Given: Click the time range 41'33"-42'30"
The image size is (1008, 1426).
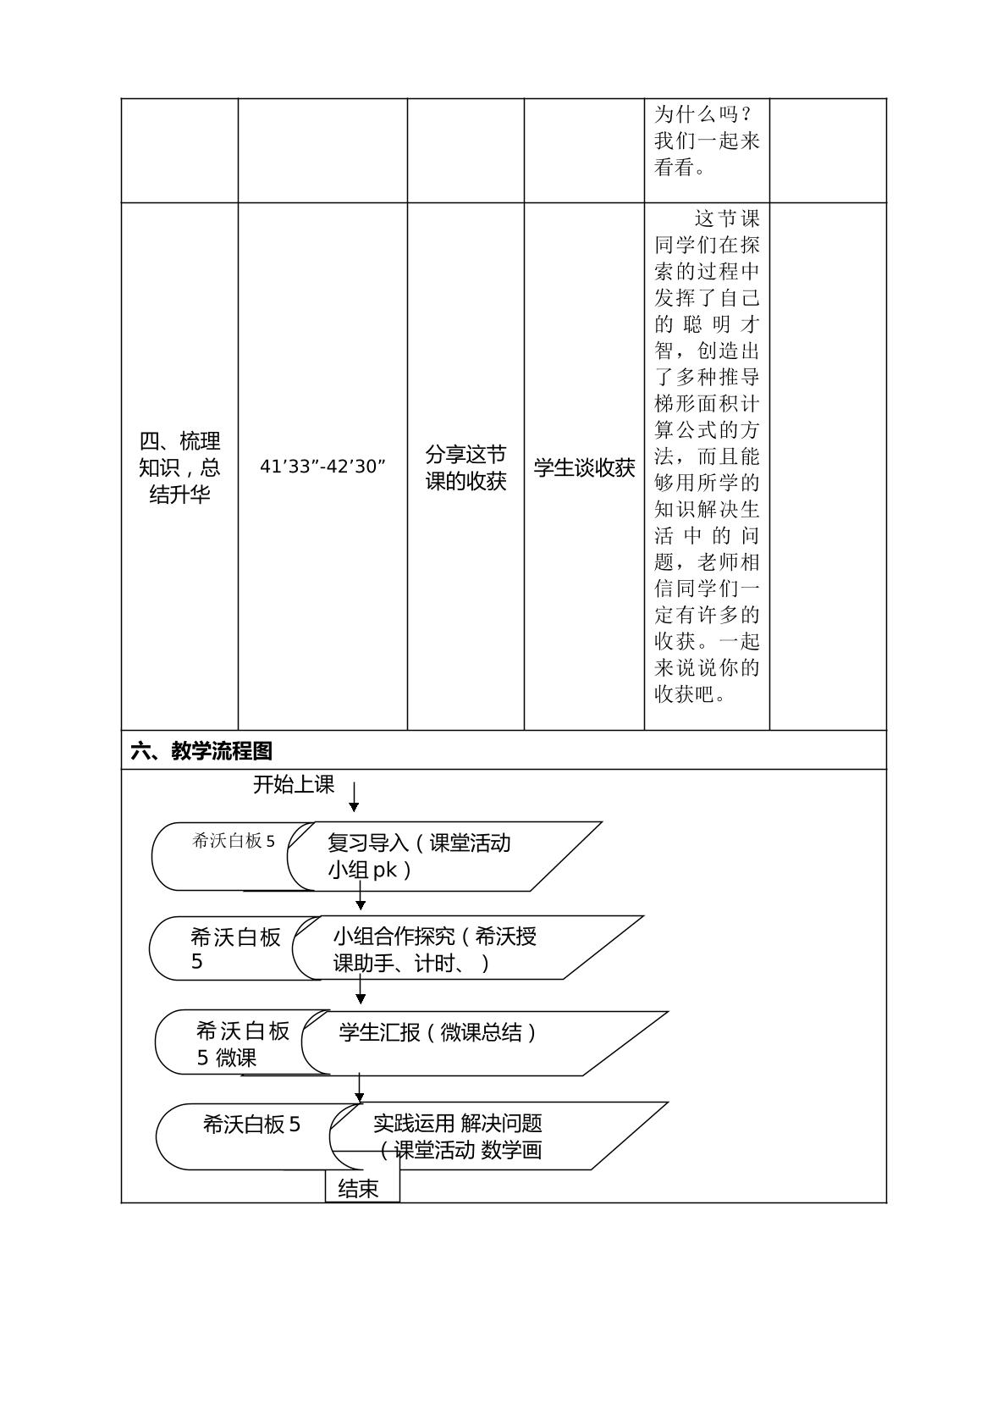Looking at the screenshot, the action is (x=322, y=467).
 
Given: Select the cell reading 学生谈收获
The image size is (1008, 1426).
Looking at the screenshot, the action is (x=584, y=468).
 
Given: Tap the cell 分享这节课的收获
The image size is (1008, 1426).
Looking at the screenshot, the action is (x=465, y=468).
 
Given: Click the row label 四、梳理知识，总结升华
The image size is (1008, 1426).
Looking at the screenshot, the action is (x=179, y=467).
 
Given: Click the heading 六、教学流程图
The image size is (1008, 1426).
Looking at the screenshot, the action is (x=201, y=751).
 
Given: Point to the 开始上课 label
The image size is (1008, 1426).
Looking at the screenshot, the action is (x=294, y=784).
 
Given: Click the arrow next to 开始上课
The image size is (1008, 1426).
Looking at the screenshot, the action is (x=354, y=797).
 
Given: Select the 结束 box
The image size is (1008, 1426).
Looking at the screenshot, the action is (x=362, y=1188).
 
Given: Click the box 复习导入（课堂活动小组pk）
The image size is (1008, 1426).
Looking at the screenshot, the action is (x=444, y=856).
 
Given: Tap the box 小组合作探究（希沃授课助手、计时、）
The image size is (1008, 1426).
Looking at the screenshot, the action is (x=468, y=948).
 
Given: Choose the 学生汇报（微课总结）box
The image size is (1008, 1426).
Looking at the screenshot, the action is (x=484, y=1042).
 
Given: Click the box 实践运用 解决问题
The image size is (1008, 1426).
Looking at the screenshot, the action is (x=498, y=1136).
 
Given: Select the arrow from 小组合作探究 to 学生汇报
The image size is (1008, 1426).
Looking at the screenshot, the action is (x=361, y=992).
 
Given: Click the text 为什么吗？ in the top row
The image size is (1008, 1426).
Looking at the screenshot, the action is (x=703, y=114).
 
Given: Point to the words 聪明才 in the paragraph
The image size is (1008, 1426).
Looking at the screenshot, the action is (x=722, y=324).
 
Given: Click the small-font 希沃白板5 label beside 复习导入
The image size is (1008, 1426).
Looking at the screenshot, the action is (x=234, y=841).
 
